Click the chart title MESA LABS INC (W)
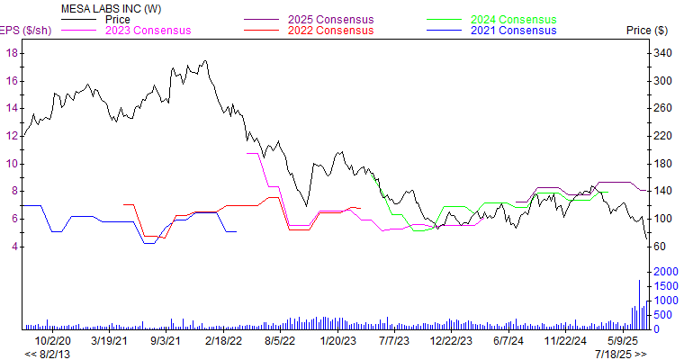pos(100,8)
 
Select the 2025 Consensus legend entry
pos(330,19)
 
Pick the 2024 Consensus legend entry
pos(514,19)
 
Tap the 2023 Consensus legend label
pos(148,31)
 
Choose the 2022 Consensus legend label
pos(330,31)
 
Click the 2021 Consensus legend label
pos(514,31)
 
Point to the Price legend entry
pos(118,19)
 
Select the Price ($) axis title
pos(646,31)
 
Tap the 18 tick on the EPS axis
pos(12,53)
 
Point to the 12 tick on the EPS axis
pos(12,136)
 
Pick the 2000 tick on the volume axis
pos(666,272)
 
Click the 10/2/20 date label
pos(52,342)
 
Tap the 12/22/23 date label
pos(451,342)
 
